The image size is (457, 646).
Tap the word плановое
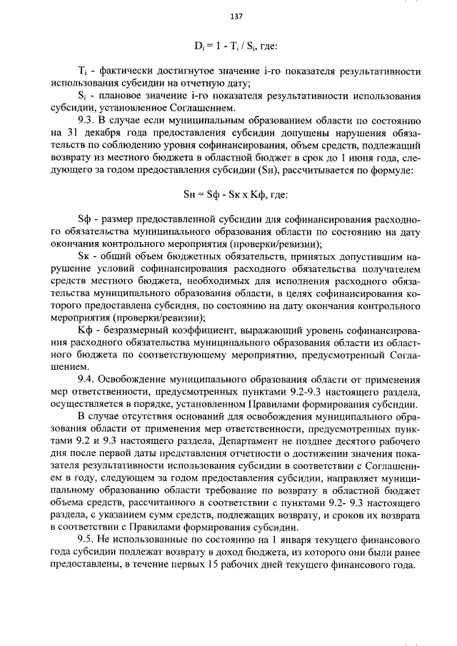(123, 96)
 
